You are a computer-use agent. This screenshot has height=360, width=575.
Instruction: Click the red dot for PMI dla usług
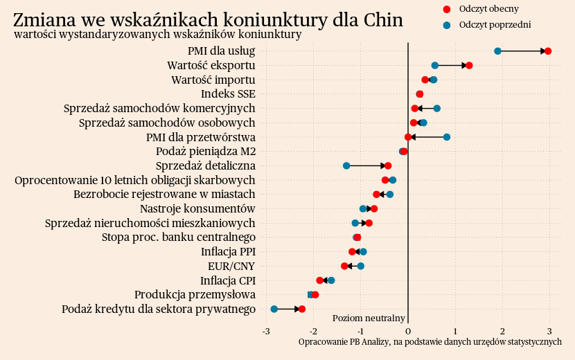point(548,51)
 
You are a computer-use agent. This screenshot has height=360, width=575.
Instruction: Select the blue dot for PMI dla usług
point(497,51)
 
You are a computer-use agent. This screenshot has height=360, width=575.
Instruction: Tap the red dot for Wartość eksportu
point(469,66)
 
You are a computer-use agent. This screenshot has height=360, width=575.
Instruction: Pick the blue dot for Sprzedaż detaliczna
point(346,165)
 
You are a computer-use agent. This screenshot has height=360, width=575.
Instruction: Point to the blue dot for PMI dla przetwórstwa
point(447,137)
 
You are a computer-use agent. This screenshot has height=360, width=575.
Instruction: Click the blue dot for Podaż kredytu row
point(274,309)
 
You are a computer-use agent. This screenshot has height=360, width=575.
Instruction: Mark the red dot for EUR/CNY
point(344,266)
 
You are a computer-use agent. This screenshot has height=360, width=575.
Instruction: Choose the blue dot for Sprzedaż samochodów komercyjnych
point(436,108)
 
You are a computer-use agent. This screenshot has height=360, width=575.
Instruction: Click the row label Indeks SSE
point(228,93)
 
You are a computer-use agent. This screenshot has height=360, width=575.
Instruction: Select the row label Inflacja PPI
point(228,251)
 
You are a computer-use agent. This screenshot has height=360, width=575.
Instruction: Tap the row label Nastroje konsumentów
point(197,208)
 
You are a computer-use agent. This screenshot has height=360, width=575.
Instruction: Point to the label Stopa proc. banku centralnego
point(179,237)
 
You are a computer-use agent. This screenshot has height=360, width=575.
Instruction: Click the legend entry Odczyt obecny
point(488,9)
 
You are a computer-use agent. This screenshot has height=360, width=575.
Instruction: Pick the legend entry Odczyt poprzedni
point(494,24)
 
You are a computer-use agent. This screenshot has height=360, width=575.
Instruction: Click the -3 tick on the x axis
point(266,332)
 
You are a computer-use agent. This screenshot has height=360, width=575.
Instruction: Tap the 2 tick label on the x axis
point(502,332)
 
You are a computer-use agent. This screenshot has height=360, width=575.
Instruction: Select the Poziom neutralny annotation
point(369,318)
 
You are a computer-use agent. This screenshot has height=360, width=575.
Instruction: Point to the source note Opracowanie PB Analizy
point(430,342)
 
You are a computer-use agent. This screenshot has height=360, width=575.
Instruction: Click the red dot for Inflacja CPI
point(320,280)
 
